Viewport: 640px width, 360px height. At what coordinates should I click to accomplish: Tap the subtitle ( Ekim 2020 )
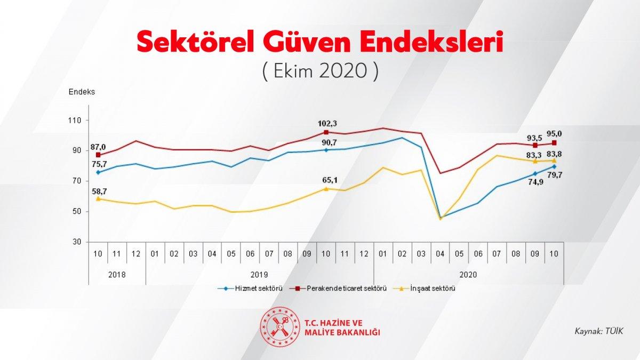pos(320,71)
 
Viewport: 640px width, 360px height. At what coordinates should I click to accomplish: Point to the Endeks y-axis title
pos(82,92)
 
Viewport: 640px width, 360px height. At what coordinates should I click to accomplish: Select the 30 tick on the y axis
pos(77,242)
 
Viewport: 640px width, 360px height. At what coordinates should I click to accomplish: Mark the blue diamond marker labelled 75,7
pos(98,172)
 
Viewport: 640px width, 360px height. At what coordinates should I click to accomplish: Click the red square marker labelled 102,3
pos(326,132)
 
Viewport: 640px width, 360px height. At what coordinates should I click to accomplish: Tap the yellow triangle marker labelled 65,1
pos(326,189)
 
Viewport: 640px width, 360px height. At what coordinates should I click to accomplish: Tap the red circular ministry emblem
pos(277,325)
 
